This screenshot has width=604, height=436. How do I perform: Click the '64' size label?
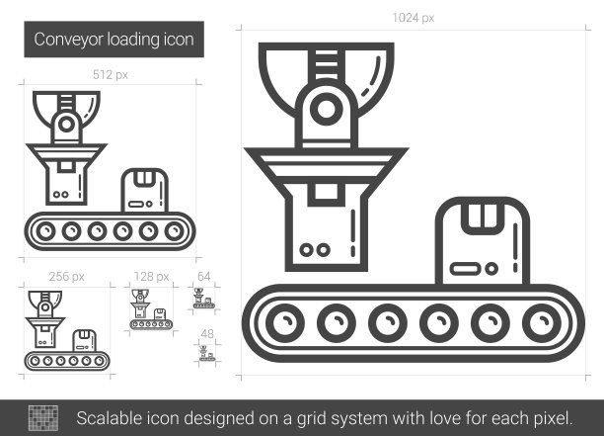(x=203, y=276)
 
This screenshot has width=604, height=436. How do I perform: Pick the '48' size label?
(x=207, y=334)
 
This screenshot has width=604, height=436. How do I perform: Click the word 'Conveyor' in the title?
(x=68, y=40)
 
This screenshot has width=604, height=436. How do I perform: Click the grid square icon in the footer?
(x=43, y=418)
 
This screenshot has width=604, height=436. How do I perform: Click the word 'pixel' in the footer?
(x=553, y=418)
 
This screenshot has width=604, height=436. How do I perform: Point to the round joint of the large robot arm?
(x=327, y=109)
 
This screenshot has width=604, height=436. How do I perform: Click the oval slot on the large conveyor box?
(x=465, y=269)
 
